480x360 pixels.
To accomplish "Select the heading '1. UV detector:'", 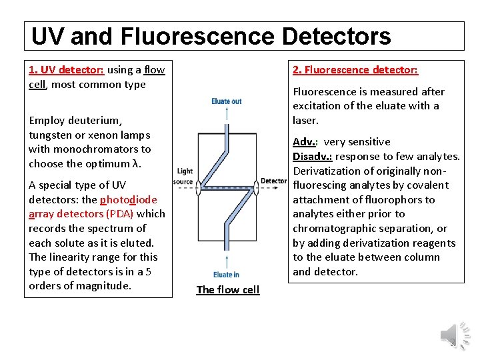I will (66, 69).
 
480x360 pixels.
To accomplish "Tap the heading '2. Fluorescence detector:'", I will (355, 69).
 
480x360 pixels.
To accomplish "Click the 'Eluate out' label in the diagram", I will (227, 101).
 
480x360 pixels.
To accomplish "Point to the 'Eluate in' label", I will (227, 275).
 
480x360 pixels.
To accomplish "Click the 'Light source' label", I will (183, 177).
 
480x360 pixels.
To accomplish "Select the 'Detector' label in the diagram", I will (274, 181).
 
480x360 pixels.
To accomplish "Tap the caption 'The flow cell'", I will (227, 289).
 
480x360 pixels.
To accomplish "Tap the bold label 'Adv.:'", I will (305, 141).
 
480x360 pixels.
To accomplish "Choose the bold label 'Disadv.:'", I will (312, 156).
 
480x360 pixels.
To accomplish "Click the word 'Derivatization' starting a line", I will (326, 171).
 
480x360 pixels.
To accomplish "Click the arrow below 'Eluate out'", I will (227, 113).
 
